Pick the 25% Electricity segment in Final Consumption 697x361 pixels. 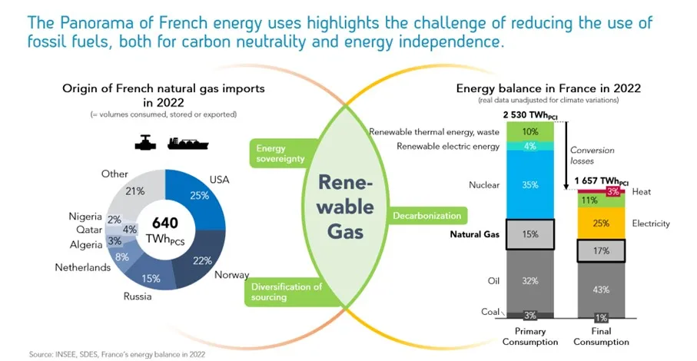tap(601, 224)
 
